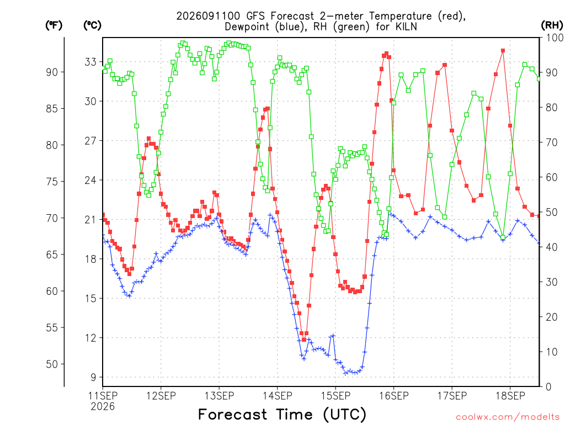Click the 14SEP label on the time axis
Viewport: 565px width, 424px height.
coord(278,396)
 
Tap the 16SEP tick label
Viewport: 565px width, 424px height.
coord(394,396)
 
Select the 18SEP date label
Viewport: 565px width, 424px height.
coord(510,396)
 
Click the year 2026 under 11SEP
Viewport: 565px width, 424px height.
coord(103,407)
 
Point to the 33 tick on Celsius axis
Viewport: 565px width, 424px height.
coord(91,62)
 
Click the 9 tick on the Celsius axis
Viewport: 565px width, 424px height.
coord(94,378)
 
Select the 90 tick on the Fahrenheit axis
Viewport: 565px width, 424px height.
coord(52,72)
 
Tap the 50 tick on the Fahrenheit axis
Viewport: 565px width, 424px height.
coord(52,364)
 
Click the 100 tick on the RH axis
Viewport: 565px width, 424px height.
coord(555,38)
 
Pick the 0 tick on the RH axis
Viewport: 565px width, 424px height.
coord(548,387)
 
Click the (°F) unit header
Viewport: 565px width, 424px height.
coord(54,25)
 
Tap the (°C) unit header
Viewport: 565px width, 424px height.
coord(92,25)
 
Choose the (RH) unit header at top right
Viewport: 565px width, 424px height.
coord(552,25)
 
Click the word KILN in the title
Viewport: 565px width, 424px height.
coord(406,26)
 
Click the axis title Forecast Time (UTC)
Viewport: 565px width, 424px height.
coord(282,414)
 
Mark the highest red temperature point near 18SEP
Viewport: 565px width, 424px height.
coord(503,51)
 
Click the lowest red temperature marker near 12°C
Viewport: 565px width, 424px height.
coord(304,340)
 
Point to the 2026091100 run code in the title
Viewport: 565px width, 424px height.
coord(208,16)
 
